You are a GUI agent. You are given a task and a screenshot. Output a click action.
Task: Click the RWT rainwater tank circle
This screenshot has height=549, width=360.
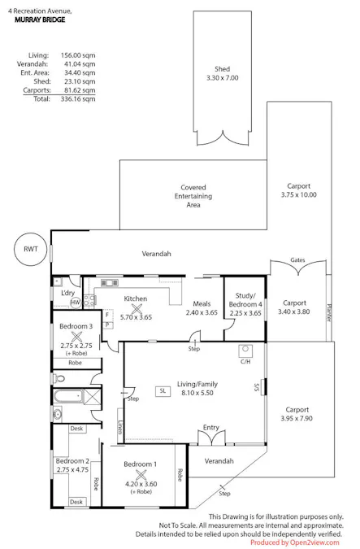30,249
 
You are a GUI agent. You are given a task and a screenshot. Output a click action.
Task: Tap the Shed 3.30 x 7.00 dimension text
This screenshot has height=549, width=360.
222,78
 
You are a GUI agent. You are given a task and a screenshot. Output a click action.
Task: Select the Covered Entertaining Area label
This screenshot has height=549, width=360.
193,196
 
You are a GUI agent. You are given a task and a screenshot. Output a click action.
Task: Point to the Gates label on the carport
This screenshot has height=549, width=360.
297,259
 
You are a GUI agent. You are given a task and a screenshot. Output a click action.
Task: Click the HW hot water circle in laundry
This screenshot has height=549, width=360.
76,303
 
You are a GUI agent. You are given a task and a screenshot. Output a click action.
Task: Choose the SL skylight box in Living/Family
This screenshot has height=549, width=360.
163,390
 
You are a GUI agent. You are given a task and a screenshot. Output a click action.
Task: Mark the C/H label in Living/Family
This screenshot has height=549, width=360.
245,361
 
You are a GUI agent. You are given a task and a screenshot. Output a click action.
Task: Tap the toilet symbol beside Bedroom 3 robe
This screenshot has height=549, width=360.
59,378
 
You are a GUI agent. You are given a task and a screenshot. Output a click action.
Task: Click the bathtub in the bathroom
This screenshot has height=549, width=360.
68,396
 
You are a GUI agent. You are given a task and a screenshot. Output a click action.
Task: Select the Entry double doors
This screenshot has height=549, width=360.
211,438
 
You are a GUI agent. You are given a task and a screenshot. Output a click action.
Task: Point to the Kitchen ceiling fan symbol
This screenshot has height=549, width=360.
137,309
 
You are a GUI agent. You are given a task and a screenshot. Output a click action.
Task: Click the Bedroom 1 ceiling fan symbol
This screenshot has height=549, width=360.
141,475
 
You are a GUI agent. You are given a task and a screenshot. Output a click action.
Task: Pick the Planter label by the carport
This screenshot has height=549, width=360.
329,312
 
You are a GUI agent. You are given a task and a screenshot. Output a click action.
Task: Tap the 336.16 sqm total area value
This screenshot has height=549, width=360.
78,98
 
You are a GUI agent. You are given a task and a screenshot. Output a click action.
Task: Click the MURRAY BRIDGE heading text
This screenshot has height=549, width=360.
40,20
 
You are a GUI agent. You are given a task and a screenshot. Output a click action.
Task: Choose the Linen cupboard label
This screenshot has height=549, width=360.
120,427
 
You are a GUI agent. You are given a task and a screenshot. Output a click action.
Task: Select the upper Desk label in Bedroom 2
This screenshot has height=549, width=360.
76,428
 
